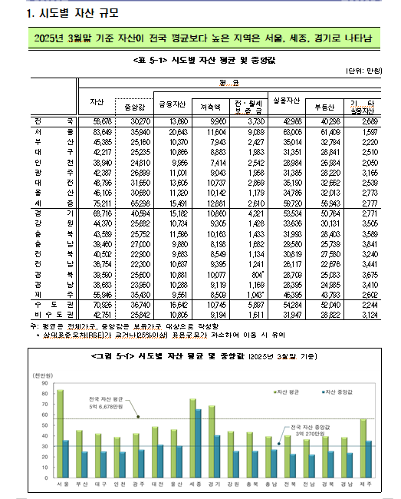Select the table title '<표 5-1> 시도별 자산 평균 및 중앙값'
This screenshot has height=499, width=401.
[201, 58]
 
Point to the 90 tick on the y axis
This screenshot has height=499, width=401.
[44, 382]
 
